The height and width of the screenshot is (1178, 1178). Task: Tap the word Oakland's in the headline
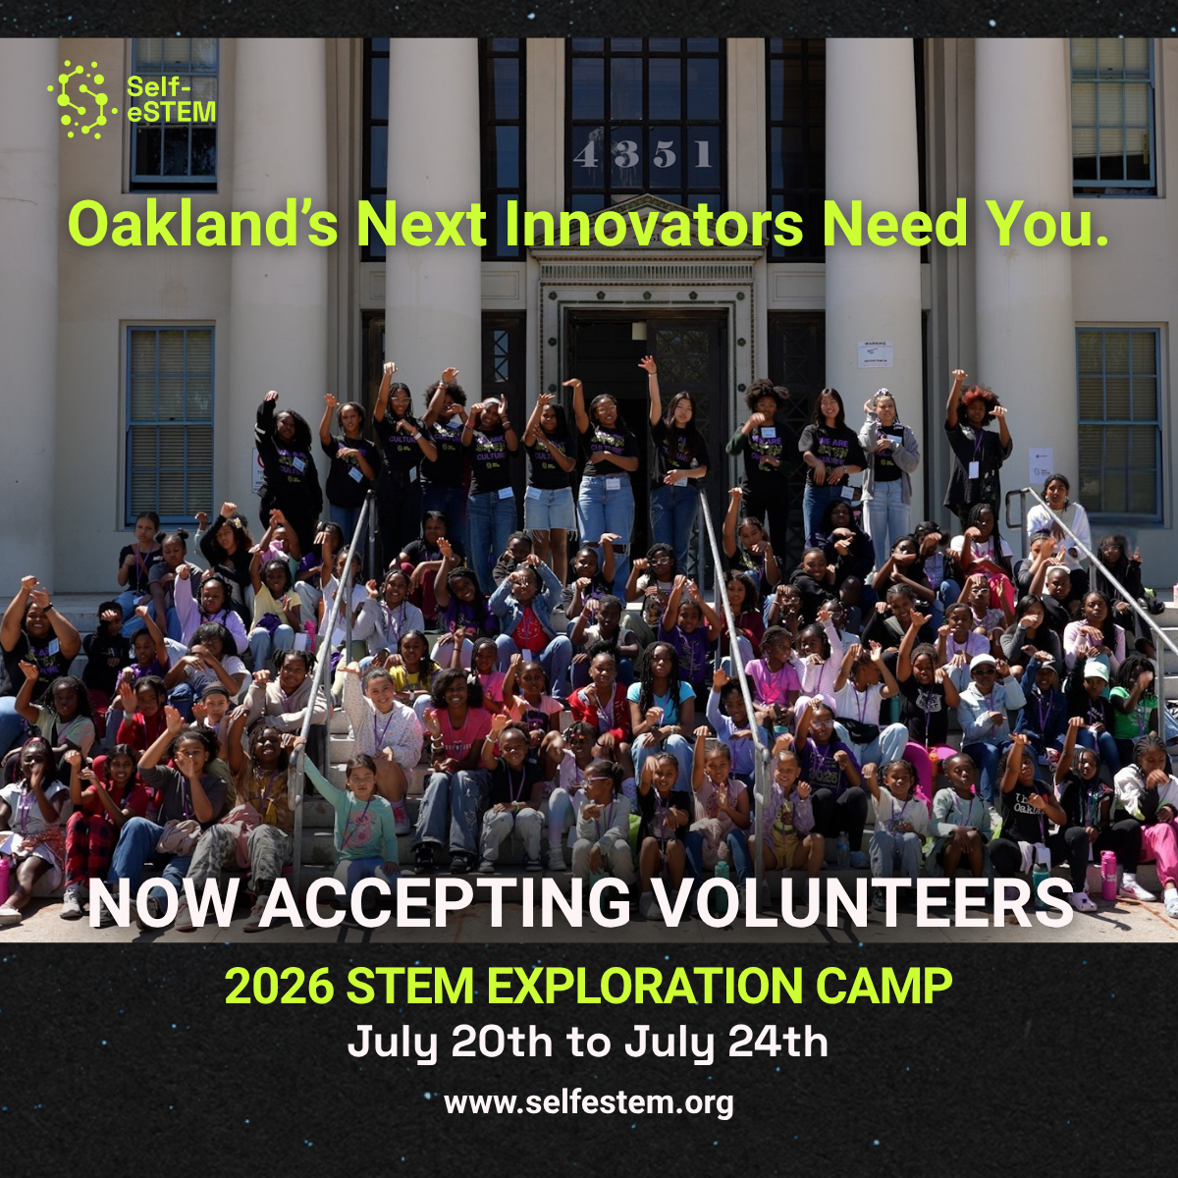(x=202, y=224)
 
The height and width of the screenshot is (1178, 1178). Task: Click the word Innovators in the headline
(x=654, y=224)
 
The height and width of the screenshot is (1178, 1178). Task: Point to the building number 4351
(x=645, y=155)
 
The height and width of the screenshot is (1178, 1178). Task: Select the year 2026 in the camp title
(x=279, y=987)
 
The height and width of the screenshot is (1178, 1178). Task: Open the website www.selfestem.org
(x=589, y=1101)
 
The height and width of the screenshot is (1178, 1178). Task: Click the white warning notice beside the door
(x=875, y=353)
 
